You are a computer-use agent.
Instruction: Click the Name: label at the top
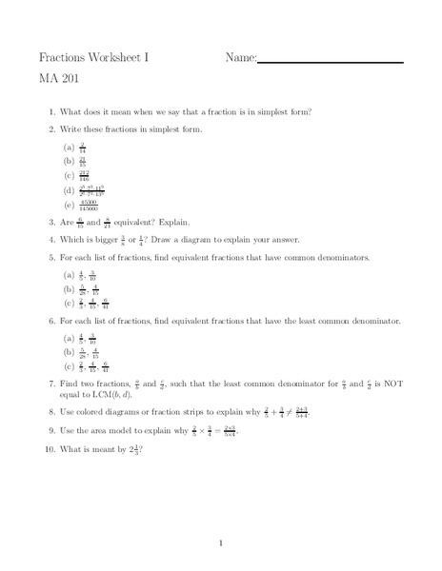(x=241, y=58)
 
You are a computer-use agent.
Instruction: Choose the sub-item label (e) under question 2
(x=70, y=204)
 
